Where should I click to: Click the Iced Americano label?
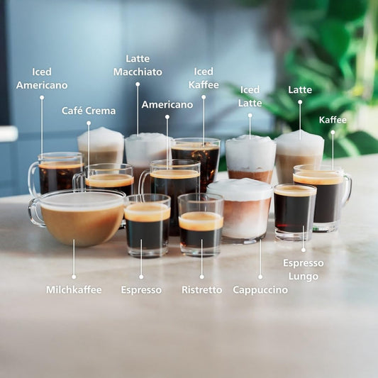coord(42,79)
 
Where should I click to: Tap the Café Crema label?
coord(89,111)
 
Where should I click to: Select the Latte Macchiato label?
coord(138,65)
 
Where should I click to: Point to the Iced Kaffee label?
coord(204,78)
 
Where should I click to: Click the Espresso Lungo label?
coord(304,269)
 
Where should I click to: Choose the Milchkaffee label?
coord(74,289)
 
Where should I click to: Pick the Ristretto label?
coord(201,289)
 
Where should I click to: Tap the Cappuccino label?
coord(260,289)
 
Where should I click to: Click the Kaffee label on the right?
coord(333,120)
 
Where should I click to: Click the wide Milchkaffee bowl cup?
coord(82,220)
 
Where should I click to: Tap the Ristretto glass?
coord(201,226)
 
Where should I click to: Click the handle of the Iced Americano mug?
coord(32,177)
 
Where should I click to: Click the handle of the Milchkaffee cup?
coord(34,212)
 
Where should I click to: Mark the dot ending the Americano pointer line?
coord(167,116)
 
